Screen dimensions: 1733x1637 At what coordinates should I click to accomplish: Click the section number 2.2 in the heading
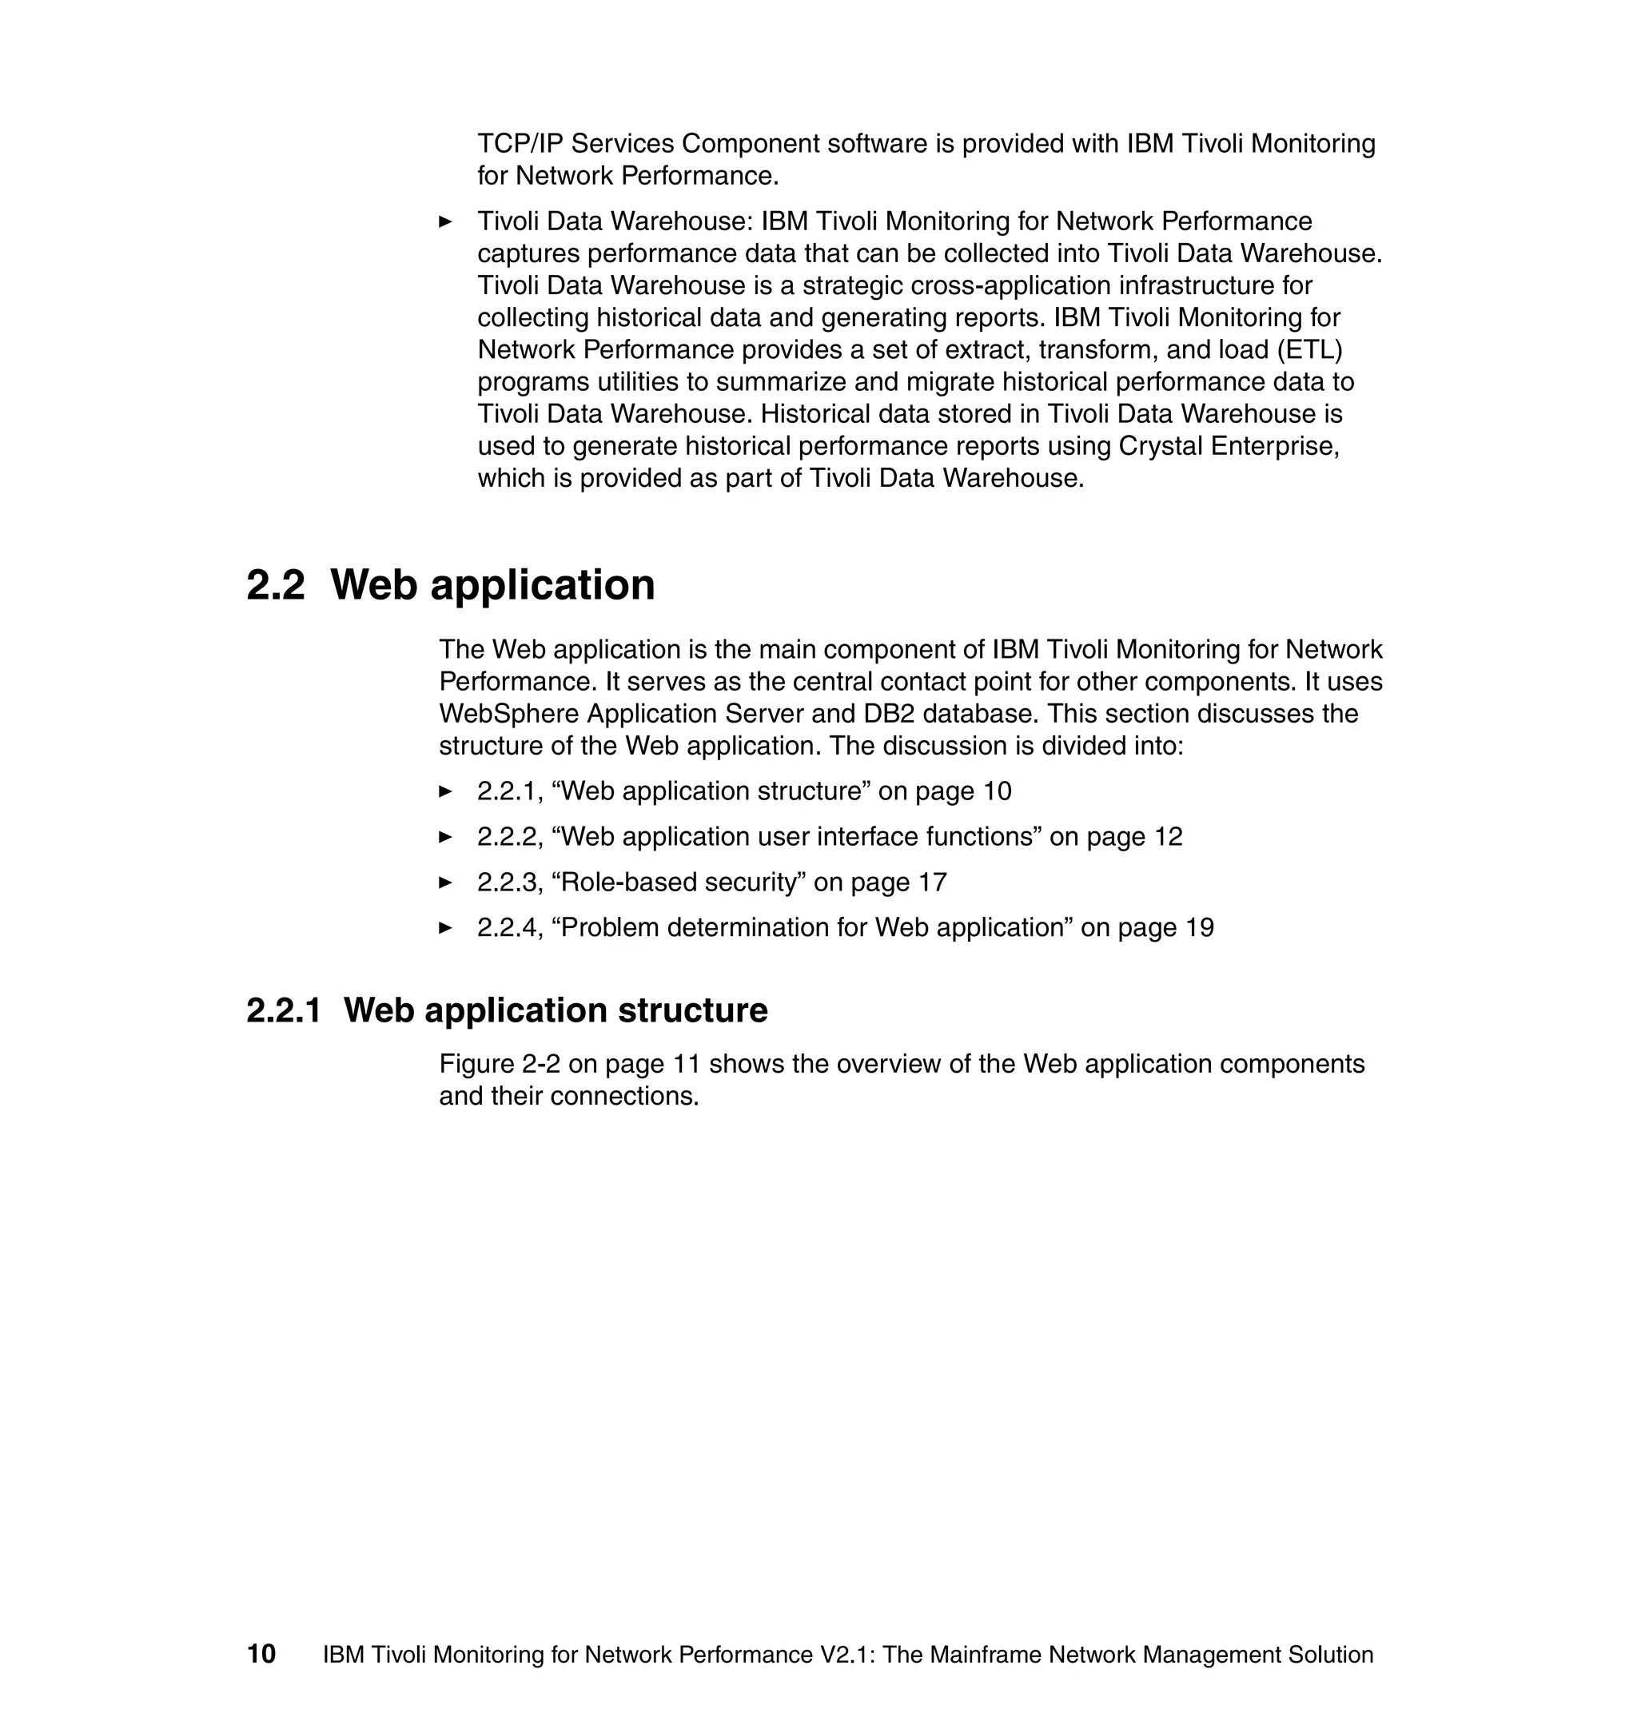point(276,585)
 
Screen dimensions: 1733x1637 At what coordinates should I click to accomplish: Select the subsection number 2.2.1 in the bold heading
point(284,1010)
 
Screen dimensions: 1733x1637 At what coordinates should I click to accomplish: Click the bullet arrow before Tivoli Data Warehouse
point(445,221)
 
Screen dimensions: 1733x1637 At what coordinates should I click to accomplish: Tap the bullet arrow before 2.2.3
point(445,882)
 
